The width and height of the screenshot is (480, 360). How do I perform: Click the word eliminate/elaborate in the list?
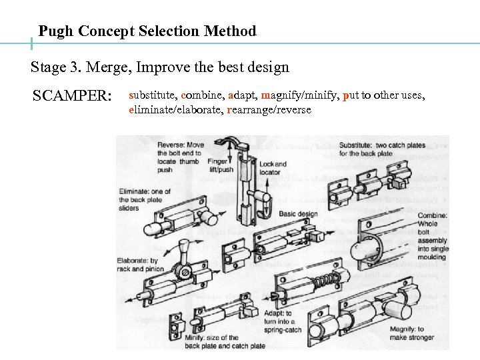pyautogui.click(x=175, y=109)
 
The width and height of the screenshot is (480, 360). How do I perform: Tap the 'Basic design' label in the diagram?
pyautogui.click(x=298, y=214)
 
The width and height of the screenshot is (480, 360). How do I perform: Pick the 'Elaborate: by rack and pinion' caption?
pyautogui.click(x=137, y=265)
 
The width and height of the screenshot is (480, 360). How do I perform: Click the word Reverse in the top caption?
pyautogui.click(x=171, y=145)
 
